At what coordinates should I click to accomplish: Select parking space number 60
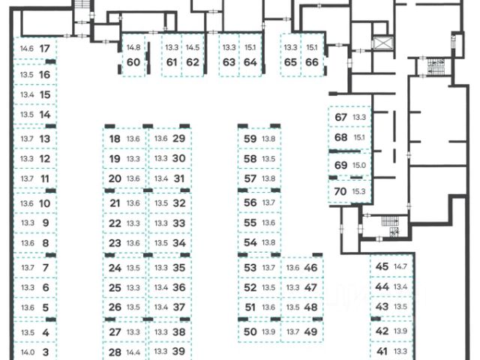pyautogui.click(x=134, y=61)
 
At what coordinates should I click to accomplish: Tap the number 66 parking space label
pyautogui.click(x=312, y=61)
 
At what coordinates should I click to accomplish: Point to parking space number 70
pyautogui.click(x=340, y=191)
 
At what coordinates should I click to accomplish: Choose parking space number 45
pyautogui.click(x=382, y=267)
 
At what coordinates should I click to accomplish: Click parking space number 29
pyautogui.click(x=178, y=138)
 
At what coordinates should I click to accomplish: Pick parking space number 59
pyautogui.click(x=250, y=139)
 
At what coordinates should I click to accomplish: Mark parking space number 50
pyautogui.click(x=250, y=331)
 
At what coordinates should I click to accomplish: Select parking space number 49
pyautogui.click(x=310, y=331)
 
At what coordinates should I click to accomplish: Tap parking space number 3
pyautogui.click(x=45, y=352)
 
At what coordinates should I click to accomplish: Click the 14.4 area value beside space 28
pyautogui.click(x=134, y=352)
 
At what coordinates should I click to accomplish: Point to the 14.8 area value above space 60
pyautogui.click(x=134, y=47)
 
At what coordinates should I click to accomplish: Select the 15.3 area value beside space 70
pyautogui.click(x=358, y=191)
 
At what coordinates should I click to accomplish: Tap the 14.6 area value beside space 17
pyautogui.click(x=28, y=49)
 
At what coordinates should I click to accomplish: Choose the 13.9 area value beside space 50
pyautogui.click(x=269, y=331)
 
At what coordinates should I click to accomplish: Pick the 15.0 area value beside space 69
pyautogui.click(x=358, y=165)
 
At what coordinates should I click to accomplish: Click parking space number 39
pyautogui.click(x=178, y=351)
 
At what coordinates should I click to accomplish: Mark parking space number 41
pyautogui.click(x=382, y=351)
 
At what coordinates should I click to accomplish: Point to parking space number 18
pyautogui.click(x=115, y=139)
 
